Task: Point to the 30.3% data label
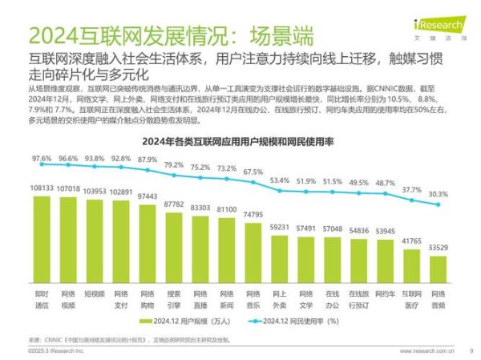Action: (x=438, y=194)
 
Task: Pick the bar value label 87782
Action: (x=173, y=204)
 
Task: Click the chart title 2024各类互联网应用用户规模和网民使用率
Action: (x=238, y=142)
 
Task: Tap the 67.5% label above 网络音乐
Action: (x=253, y=172)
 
